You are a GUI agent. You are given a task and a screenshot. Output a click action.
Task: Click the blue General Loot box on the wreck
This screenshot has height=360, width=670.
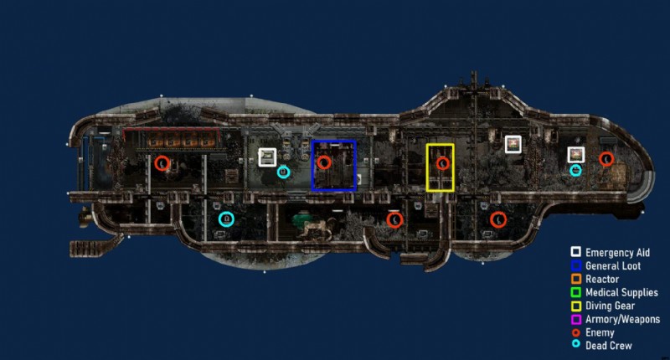pos(334,165)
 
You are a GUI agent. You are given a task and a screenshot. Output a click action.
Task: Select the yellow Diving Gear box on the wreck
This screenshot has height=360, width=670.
pos(440,167)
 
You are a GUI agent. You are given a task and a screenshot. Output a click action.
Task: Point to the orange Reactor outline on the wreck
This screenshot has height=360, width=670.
pos(172,138)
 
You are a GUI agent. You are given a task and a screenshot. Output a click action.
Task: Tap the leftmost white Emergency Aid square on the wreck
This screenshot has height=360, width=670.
pos(268,157)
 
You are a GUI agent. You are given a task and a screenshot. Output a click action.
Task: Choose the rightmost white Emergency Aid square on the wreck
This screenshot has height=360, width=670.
pos(575,154)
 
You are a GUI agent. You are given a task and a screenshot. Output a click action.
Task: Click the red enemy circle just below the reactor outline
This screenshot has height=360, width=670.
pos(163,162)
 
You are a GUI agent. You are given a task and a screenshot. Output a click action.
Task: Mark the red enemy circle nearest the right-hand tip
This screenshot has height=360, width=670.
pos(606,158)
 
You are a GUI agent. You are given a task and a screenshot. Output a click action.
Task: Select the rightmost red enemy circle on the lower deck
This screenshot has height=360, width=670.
pos(497,219)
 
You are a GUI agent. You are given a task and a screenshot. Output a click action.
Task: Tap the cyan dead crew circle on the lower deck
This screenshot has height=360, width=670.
pos(225,219)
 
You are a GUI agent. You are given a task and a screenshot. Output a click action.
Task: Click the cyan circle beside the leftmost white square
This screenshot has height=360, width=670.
pos(283,172)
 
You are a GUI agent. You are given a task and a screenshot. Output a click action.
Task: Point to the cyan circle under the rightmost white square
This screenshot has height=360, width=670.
pos(576,170)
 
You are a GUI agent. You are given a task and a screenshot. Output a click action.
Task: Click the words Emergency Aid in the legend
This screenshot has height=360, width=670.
pos(618,252)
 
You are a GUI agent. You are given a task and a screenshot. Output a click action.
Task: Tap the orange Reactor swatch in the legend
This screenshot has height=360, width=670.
pos(575,279)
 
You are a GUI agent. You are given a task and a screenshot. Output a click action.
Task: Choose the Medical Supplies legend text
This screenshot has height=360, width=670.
pos(621,292)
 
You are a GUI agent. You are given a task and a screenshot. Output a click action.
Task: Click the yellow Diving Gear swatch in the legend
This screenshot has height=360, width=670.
pos(575,306)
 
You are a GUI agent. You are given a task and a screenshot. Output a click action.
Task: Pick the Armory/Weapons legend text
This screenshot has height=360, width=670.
pos(622,319)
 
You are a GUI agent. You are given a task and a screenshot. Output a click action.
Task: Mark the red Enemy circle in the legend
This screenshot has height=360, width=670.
pos(575,332)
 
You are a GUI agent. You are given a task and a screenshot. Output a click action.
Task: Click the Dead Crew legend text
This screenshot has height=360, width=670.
pos(608,346)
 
